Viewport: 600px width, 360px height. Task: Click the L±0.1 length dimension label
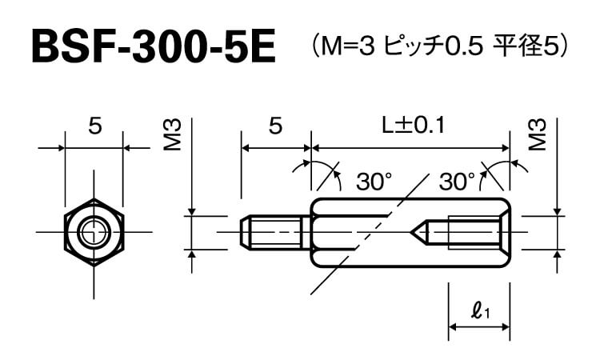point(412,126)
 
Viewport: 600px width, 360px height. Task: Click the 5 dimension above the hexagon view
point(94,126)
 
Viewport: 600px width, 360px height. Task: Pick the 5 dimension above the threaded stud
point(275,126)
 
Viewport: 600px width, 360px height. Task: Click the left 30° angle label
point(374,182)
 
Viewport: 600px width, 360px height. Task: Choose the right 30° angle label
point(457,182)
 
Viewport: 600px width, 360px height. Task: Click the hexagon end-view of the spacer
point(93,232)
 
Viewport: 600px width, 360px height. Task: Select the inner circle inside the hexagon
point(93,232)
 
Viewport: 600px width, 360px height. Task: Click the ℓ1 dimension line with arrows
point(478,326)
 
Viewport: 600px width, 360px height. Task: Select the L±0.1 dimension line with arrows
point(410,148)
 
